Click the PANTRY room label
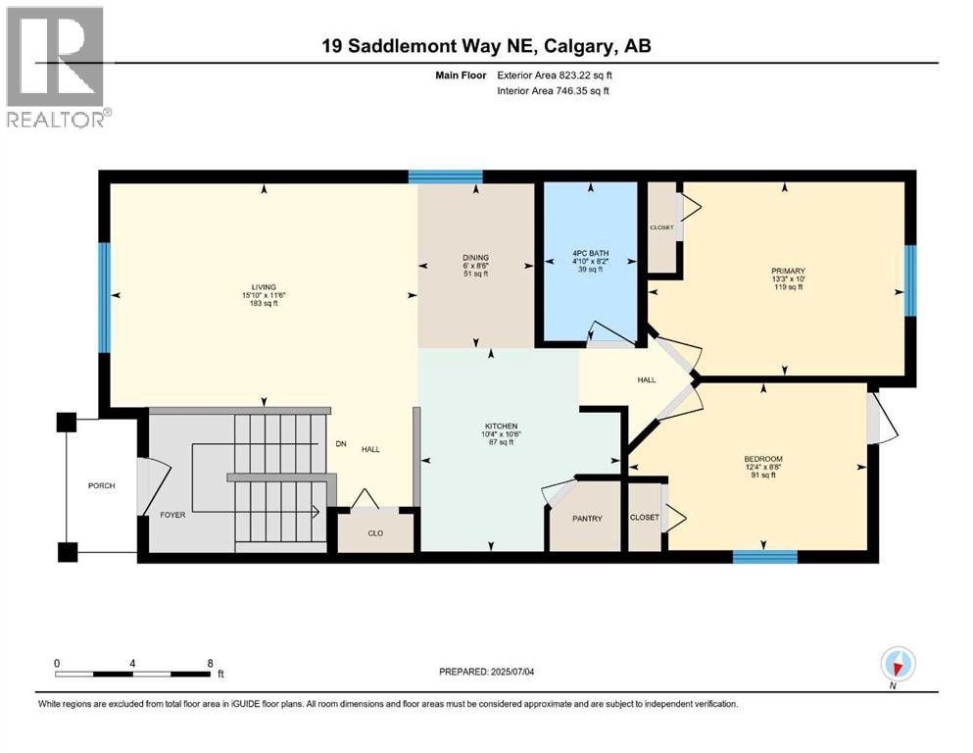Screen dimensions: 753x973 [587, 518]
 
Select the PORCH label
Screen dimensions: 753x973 [101, 485]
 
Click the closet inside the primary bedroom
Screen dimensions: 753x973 [662, 227]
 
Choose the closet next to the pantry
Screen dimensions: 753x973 [644, 517]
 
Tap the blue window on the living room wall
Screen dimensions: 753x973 [104, 297]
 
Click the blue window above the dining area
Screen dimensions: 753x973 [445, 176]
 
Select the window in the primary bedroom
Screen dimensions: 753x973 [909, 280]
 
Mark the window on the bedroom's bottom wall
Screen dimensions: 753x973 [764, 557]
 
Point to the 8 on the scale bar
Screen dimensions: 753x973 [210, 663]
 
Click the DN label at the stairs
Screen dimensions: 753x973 [341, 444]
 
